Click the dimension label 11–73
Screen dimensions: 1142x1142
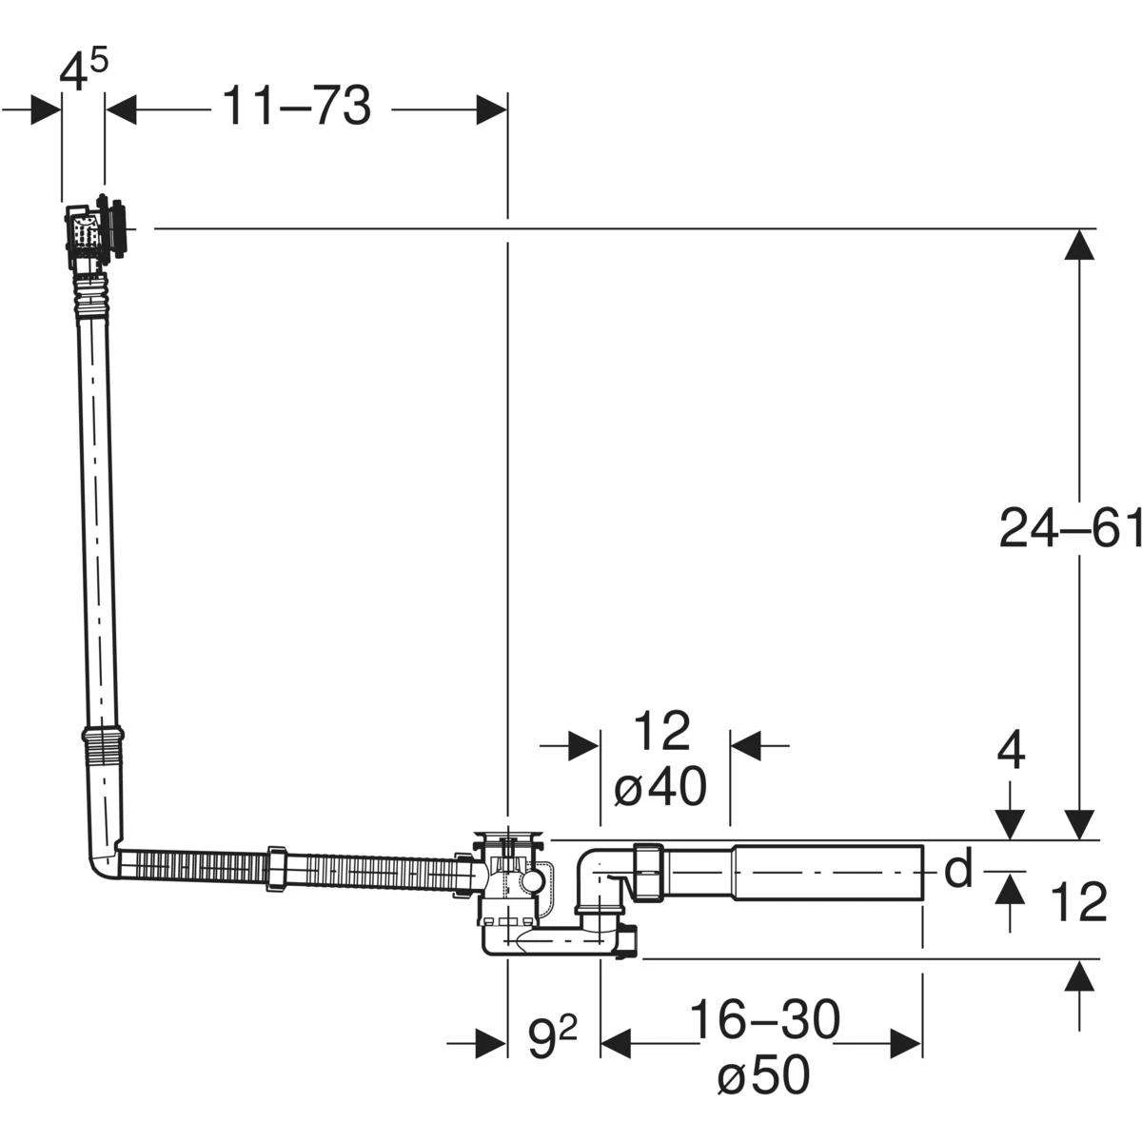[x=296, y=107]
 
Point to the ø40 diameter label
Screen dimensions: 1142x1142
[x=660, y=788]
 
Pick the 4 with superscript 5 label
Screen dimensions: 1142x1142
[x=83, y=71]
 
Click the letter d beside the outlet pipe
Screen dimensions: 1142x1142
[x=957, y=869]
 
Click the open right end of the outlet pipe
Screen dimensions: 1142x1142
[x=921, y=871]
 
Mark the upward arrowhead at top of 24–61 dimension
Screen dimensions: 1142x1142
[x=1077, y=246]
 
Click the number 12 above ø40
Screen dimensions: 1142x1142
[x=660, y=732]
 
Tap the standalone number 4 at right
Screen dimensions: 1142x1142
[x=1012, y=753]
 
